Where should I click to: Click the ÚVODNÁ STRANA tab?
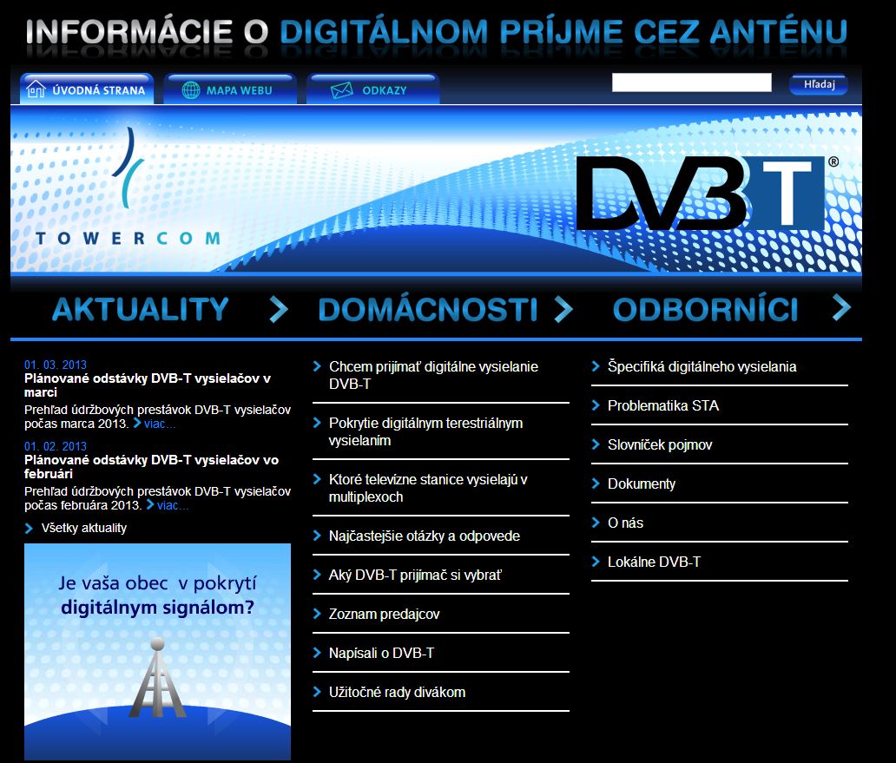click(87, 90)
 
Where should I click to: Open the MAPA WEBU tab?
click(230, 90)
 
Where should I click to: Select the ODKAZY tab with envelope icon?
click(373, 90)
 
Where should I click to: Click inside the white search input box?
click(691, 83)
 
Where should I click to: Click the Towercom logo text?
click(128, 238)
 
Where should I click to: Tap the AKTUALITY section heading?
click(140, 310)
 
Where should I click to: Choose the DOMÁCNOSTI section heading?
click(427, 310)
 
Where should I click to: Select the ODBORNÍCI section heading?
click(705, 310)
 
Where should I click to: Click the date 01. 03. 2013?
click(56, 365)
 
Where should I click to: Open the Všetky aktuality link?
click(84, 528)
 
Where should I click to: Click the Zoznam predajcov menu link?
click(384, 614)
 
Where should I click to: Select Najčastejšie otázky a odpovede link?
click(425, 536)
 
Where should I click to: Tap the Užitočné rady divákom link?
click(397, 692)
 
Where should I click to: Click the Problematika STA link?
click(662, 405)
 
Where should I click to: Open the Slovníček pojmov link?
click(660, 444)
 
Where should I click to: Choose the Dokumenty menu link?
click(641, 483)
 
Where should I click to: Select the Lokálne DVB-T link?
click(654, 562)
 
